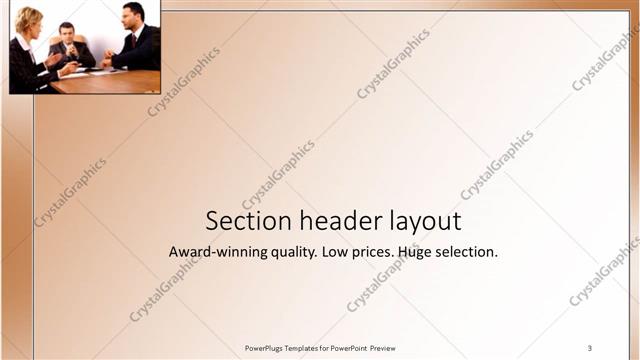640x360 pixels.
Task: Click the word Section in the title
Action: click(240, 221)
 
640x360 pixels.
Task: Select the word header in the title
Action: click(325, 221)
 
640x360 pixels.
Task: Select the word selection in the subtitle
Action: click(472, 252)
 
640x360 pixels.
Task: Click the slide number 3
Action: click(590, 347)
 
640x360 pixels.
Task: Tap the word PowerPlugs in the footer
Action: click(265, 348)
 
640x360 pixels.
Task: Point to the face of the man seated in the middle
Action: click(67, 33)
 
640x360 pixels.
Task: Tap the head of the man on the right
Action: click(133, 14)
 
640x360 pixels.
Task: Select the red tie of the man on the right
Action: click(134, 41)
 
